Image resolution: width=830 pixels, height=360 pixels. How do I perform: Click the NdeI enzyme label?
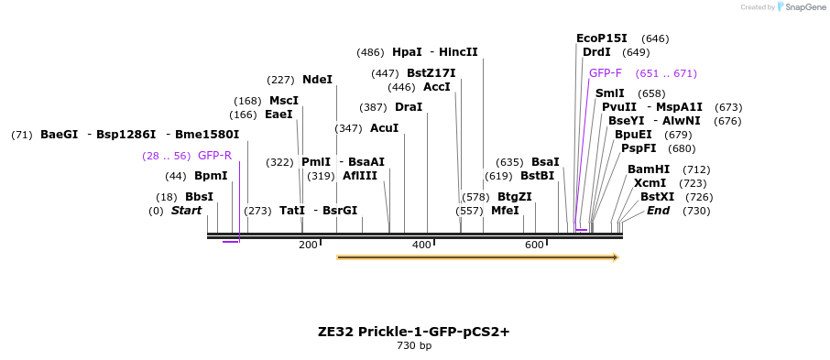(317, 80)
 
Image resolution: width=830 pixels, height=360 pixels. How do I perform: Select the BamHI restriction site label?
(649, 169)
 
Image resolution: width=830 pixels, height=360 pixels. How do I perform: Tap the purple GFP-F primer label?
(605, 73)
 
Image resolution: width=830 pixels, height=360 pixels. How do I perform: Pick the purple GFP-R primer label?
(214, 156)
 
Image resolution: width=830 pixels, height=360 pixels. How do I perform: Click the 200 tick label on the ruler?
(308, 245)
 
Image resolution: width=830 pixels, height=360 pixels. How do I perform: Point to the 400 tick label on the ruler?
(421, 245)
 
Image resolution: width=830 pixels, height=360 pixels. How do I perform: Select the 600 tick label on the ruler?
(535, 245)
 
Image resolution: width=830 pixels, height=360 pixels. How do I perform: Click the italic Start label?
(186, 211)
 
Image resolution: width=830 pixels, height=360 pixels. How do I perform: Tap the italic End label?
(658, 211)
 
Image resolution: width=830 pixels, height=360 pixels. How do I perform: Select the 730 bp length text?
(414, 346)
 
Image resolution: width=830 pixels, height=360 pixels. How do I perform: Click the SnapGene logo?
(801, 7)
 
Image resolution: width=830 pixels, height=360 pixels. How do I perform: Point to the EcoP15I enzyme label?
(601, 38)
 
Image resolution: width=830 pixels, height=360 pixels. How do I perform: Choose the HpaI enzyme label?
(407, 52)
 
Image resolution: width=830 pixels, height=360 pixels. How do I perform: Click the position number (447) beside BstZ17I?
(385, 73)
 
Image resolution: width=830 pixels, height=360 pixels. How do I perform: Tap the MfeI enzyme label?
(505, 211)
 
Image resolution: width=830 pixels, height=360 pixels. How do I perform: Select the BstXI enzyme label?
(657, 197)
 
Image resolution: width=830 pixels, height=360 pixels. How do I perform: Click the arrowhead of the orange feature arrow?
(616, 257)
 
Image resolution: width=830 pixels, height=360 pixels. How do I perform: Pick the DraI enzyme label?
(409, 107)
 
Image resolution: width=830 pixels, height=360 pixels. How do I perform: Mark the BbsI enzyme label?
(199, 197)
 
